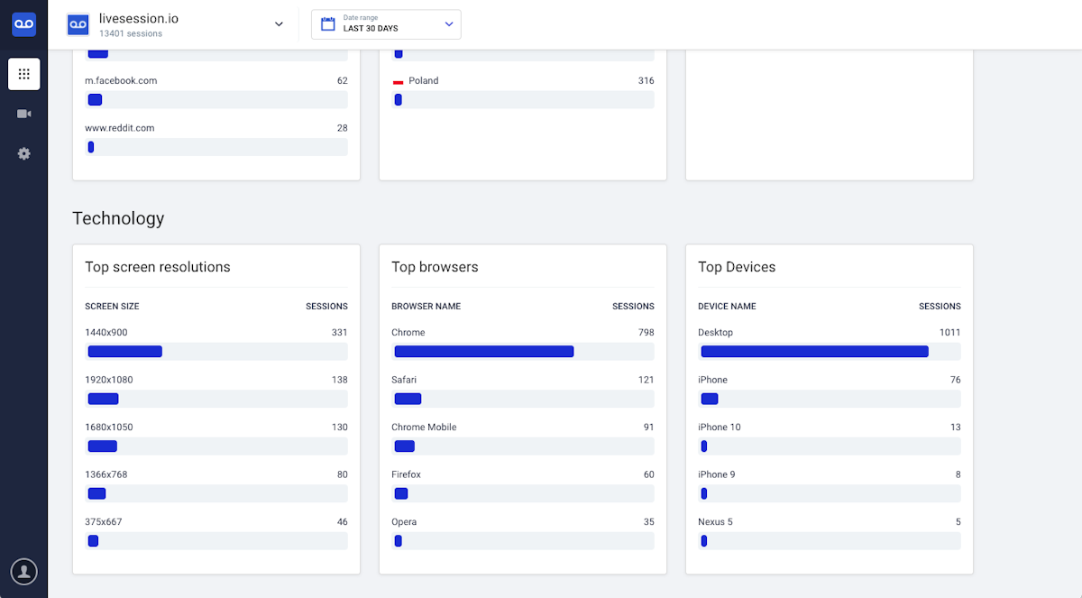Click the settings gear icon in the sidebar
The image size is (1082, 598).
(23, 153)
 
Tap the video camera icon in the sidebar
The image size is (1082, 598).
(23, 114)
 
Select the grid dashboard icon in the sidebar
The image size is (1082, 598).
(23, 74)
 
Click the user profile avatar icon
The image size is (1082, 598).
(23, 572)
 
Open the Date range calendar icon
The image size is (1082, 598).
(328, 23)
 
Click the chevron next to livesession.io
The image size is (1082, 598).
(279, 24)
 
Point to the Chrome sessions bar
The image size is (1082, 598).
(484, 351)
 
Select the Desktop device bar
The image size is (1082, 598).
(814, 351)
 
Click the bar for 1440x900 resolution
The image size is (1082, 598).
(125, 351)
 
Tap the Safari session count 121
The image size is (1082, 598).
(646, 380)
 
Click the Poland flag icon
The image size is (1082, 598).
(398, 82)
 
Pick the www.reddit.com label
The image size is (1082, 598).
(120, 128)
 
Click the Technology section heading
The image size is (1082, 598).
(118, 218)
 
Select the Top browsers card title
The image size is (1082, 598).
(435, 267)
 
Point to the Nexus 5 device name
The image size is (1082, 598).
(715, 521)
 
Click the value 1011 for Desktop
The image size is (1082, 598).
(949, 332)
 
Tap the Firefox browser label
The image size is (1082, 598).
(406, 474)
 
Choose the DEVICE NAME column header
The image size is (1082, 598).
(727, 307)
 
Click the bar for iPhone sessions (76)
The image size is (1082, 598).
(710, 399)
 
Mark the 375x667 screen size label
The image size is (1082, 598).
(104, 521)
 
